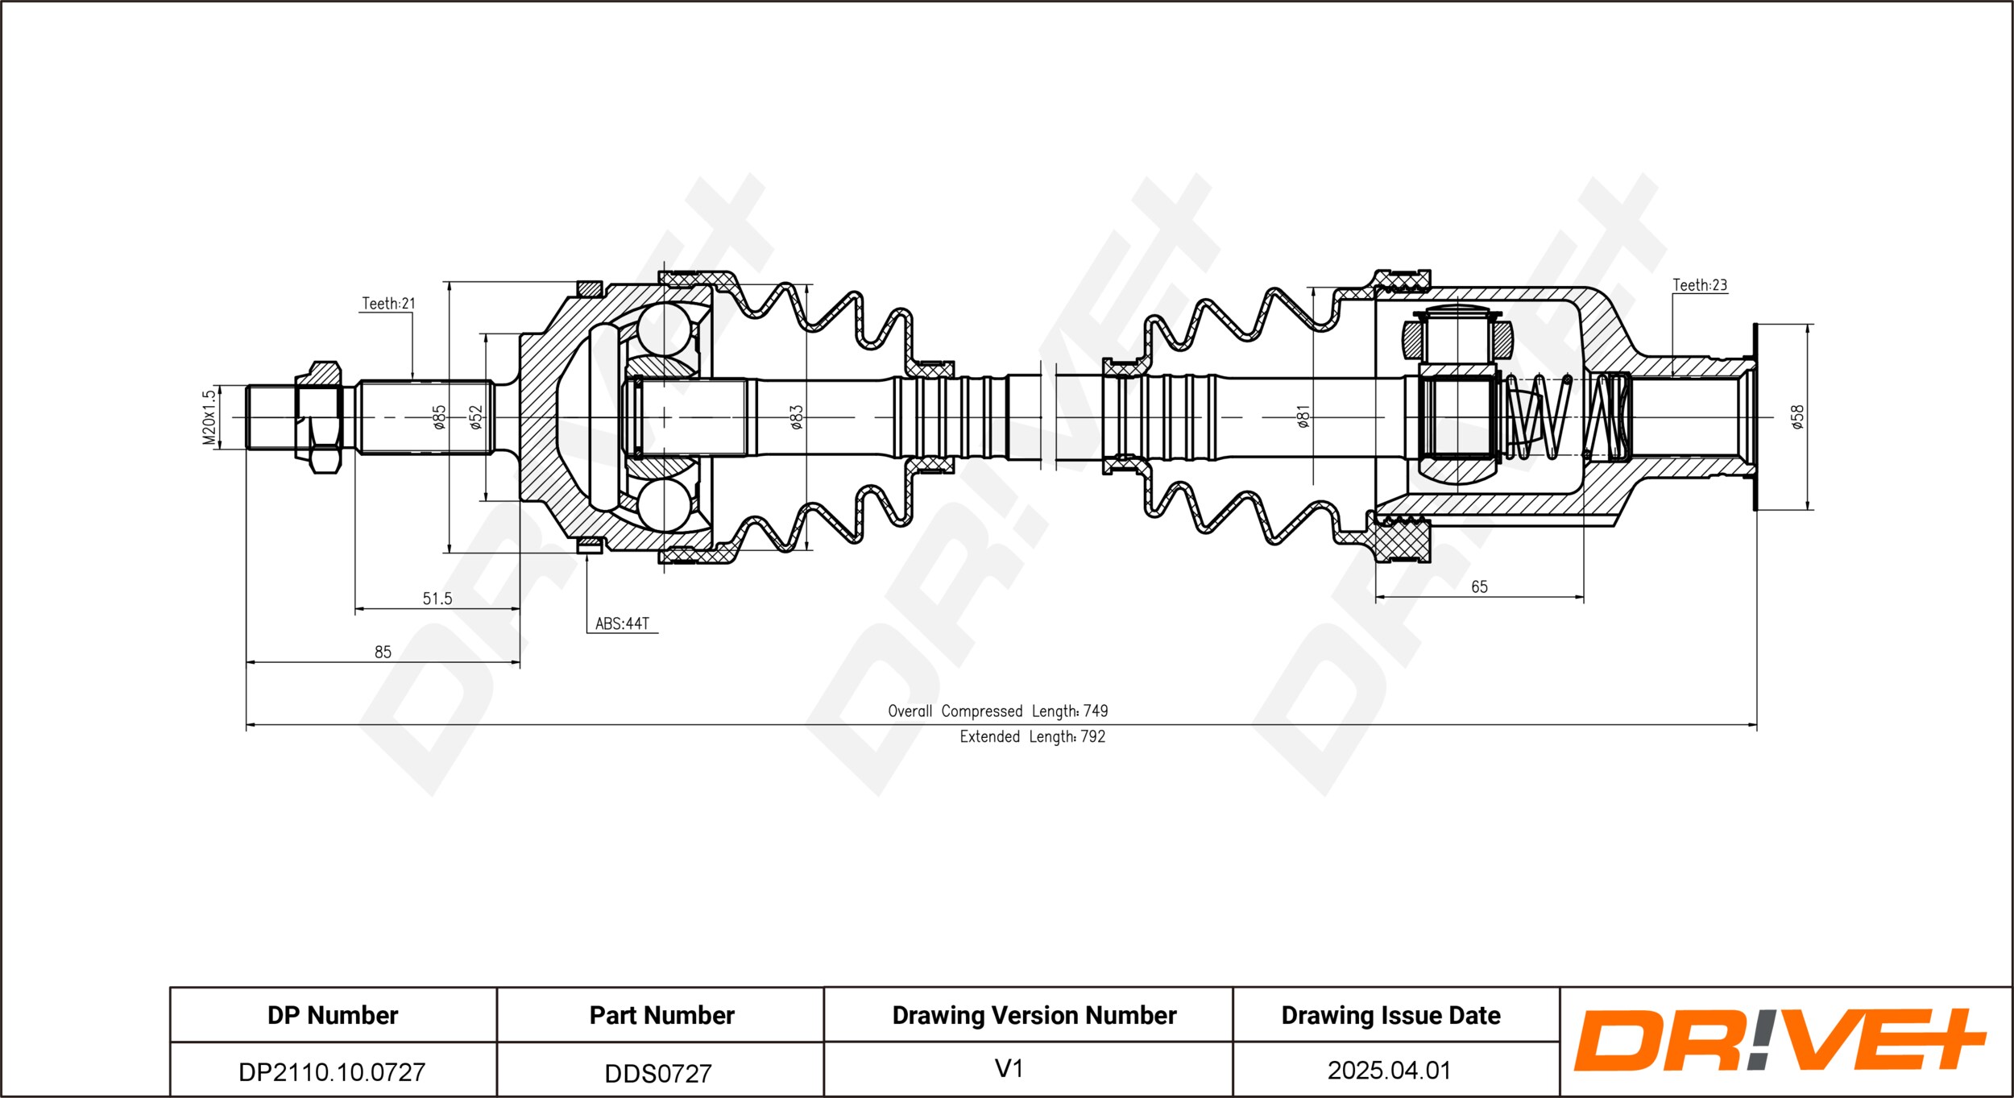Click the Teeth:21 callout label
(388, 304)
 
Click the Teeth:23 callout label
(1700, 285)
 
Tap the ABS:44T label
(622, 624)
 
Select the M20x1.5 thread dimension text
(209, 417)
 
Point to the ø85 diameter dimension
(439, 417)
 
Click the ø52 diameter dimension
(476, 417)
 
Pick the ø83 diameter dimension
(796, 417)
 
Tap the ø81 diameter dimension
(1303, 417)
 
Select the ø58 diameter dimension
(1797, 417)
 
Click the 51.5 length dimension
(437, 599)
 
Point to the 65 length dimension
(1479, 586)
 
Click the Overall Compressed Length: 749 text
(998, 711)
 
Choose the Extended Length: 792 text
(1033, 737)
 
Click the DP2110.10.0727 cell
(332, 1072)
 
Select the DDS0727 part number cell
(659, 1073)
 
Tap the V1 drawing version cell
(1009, 1069)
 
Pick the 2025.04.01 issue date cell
(1390, 1071)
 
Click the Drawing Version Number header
(1034, 1016)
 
